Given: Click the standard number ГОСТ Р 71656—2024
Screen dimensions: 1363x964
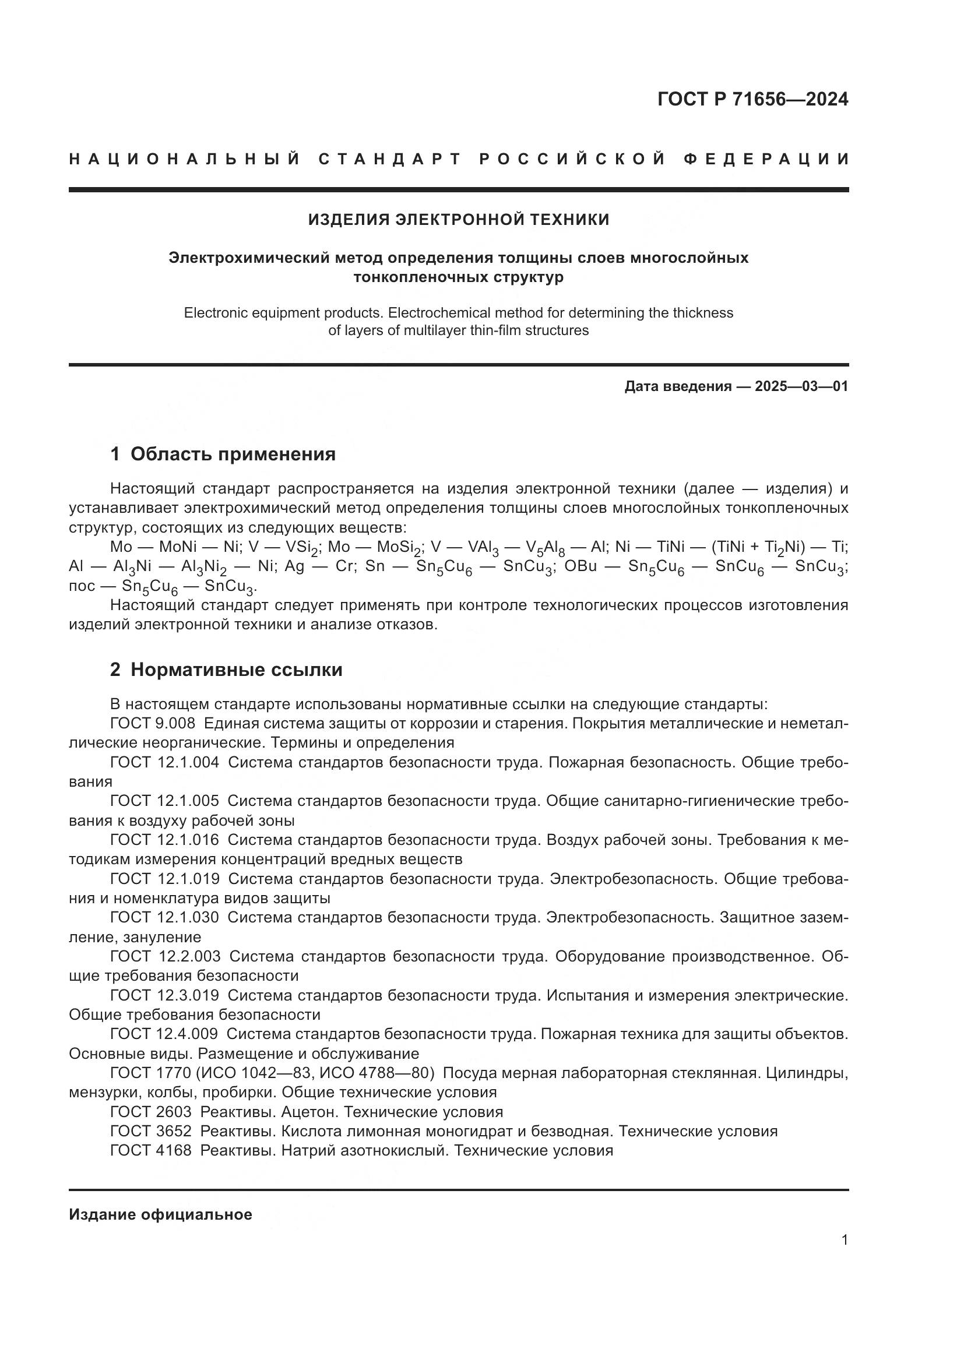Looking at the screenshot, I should click(752, 99).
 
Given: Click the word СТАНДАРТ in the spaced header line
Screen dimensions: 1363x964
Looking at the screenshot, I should click(390, 159).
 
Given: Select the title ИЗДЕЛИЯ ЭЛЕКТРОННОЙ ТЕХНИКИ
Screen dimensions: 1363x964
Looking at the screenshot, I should click(458, 220).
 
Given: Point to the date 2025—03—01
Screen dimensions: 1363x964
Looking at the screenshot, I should click(801, 386).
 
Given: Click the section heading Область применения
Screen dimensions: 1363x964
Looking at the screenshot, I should click(233, 454).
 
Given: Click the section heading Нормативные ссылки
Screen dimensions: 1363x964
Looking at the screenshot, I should click(236, 670).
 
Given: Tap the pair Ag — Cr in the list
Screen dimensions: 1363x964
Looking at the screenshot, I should click(319, 566).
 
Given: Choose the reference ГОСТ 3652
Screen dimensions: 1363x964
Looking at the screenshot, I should click(151, 1131).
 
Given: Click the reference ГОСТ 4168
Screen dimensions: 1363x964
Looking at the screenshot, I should click(151, 1150).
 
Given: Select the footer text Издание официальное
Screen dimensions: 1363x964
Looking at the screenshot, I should click(160, 1214).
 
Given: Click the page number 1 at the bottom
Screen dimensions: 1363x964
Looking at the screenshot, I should click(845, 1240).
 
